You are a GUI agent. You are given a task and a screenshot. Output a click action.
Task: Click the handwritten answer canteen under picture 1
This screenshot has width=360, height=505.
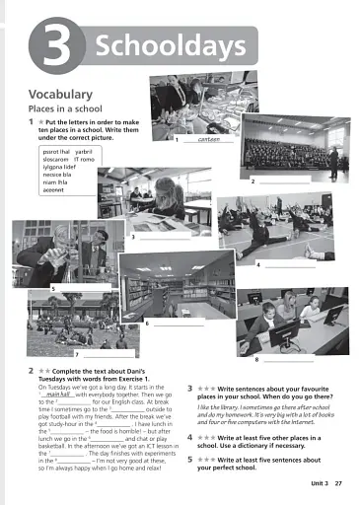(208, 140)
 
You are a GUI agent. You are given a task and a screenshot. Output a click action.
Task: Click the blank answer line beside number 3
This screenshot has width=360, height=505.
(163, 237)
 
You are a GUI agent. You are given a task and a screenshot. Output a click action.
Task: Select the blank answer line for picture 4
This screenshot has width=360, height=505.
(289, 265)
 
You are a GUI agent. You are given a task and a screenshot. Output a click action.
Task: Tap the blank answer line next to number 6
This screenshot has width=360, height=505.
(178, 323)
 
